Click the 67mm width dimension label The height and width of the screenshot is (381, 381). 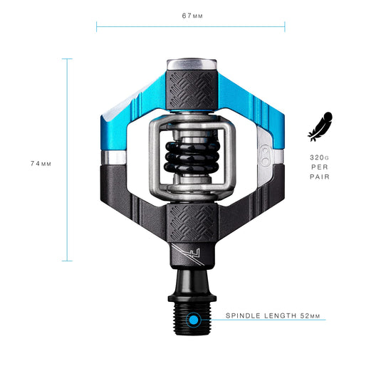coord(192,16)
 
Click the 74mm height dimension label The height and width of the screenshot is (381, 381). coord(41,164)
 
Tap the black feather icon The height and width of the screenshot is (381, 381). coord(320,127)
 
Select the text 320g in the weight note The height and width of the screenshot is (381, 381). coord(319,157)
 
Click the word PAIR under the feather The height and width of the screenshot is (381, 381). coord(320,177)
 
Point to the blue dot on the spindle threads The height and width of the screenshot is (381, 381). coord(194,320)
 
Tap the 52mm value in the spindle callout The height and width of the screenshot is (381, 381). coord(310,315)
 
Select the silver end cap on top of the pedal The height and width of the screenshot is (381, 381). coord(192,64)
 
